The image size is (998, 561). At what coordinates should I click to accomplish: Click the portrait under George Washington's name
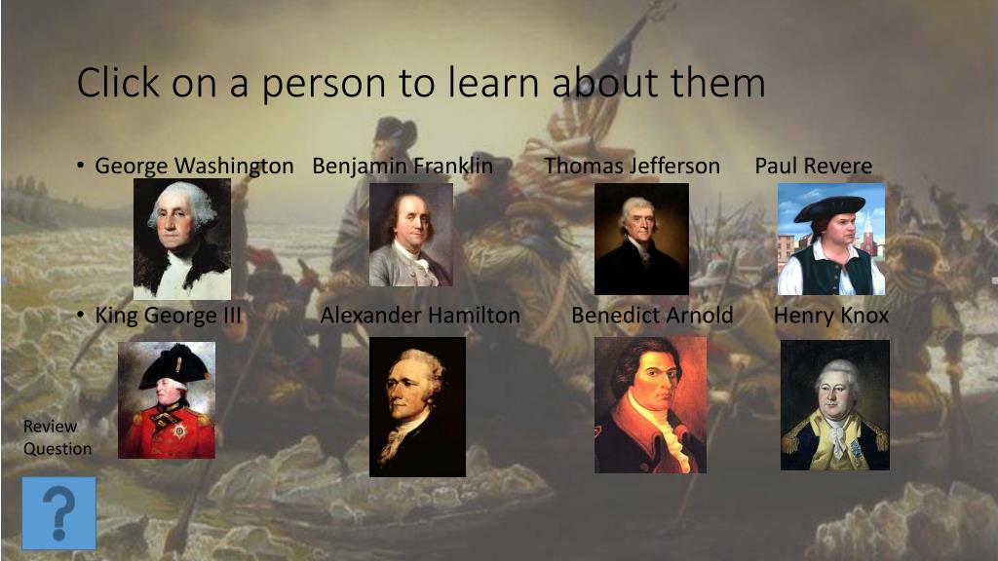(182, 239)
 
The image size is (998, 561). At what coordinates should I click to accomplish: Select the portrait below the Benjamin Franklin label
(410, 235)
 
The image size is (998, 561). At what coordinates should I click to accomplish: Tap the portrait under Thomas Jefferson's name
(641, 239)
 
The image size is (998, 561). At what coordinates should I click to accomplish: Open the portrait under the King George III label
(167, 400)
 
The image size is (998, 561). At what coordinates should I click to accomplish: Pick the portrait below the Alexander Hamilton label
(417, 407)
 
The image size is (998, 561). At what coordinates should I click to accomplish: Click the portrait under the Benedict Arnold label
(650, 405)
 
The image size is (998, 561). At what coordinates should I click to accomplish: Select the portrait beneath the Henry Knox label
(835, 404)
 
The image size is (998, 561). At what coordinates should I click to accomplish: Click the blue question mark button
(59, 512)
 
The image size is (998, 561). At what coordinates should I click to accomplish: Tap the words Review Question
(58, 437)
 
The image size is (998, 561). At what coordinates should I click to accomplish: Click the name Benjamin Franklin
(403, 166)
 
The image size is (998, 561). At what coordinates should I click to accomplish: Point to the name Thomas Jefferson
(632, 166)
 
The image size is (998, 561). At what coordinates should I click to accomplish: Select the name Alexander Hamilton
(420, 316)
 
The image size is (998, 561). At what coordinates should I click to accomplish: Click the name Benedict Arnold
(652, 316)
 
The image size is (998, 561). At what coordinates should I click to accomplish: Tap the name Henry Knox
(831, 316)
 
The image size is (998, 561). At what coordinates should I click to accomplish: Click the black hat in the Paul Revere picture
(829, 207)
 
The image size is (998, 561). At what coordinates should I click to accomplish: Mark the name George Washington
(194, 166)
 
